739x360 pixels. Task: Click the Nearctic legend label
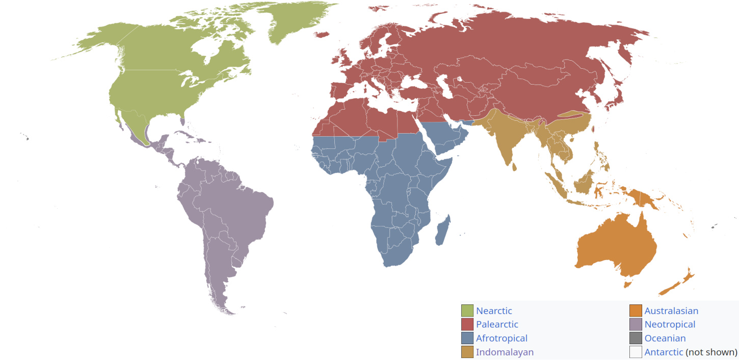tap(493, 311)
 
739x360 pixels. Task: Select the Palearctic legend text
tap(496, 324)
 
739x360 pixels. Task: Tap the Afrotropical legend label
tap(501, 338)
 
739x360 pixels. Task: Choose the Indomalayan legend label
tap(505, 352)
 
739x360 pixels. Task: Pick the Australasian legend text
tap(671, 311)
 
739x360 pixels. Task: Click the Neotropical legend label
tap(669, 324)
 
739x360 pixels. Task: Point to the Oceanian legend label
tap(665, 338)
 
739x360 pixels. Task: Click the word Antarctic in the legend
tap(663, 352)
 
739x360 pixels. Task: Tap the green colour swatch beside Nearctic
tap(467, 311)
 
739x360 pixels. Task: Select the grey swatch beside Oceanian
tap(636, 338)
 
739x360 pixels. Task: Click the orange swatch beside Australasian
tap(636, 311)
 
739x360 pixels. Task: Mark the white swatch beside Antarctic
tap(636, 352)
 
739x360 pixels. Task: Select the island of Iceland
tap(322, 35)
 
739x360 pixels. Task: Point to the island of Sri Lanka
tap(515, 166)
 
